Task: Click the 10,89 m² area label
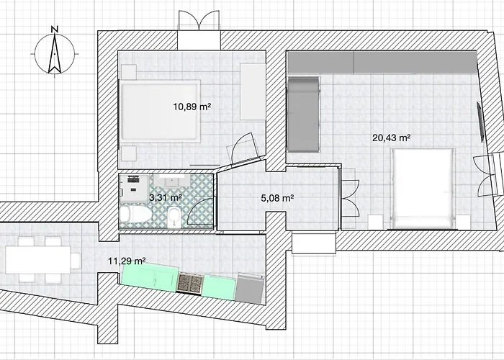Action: (192, 107)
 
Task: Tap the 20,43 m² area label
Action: (391, 138)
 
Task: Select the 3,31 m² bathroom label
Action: (166, 197)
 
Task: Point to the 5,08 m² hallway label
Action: (277, 198)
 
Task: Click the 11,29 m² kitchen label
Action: (127, 261)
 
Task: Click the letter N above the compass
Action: (55, 30)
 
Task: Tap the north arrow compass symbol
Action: (55, 54)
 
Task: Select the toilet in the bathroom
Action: (135, 214)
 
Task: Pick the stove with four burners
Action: (190, 283)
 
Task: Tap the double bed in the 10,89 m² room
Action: (160, 111)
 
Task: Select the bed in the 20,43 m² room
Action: (423, 189)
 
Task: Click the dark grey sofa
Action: (303, 114)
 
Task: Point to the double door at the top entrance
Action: (199, 20)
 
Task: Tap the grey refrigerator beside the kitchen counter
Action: (250, 288)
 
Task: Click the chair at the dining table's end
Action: (76, 261)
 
